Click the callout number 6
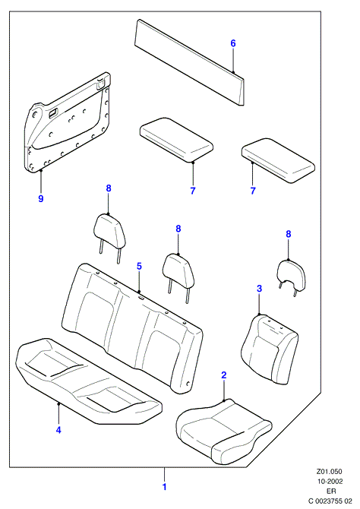[x=232, y=43]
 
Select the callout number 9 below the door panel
[x=41, y=198]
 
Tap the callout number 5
[x=139, y=266]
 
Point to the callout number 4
[x=58, y=430]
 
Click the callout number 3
[x=259, y=288]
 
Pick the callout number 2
[x=223, y=375]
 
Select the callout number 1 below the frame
[x=164, y=487]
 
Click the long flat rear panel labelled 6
[x=189, y=62]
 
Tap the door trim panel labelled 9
[x=68, y=122]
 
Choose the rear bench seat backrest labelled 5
[x=132, y=328]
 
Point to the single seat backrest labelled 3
[x=269, y=349]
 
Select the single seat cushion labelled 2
[x=223, y=431]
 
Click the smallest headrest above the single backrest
[x=291, y=278]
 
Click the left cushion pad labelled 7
[x=176, y=140]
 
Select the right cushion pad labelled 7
[x=278, y=161]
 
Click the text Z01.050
[x=330, y=472]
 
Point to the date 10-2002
[x=330, y=482]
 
